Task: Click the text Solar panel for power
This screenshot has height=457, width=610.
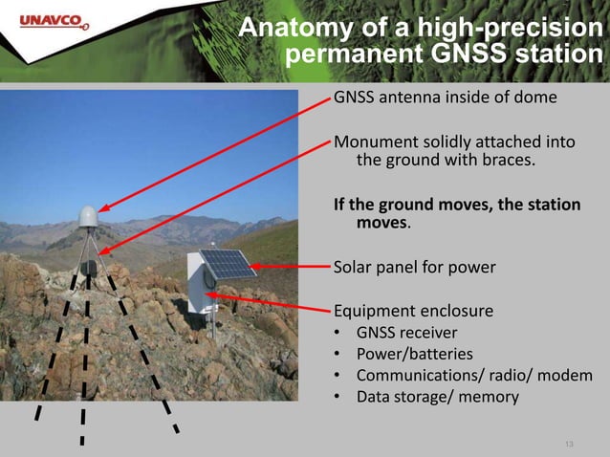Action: (414, 267)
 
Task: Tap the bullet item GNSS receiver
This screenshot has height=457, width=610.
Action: (406, 333)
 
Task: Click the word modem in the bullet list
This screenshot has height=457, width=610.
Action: (566, 375)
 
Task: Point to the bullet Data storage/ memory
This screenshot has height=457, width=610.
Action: (437, 396)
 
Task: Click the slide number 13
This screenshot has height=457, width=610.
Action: (571, 444)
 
